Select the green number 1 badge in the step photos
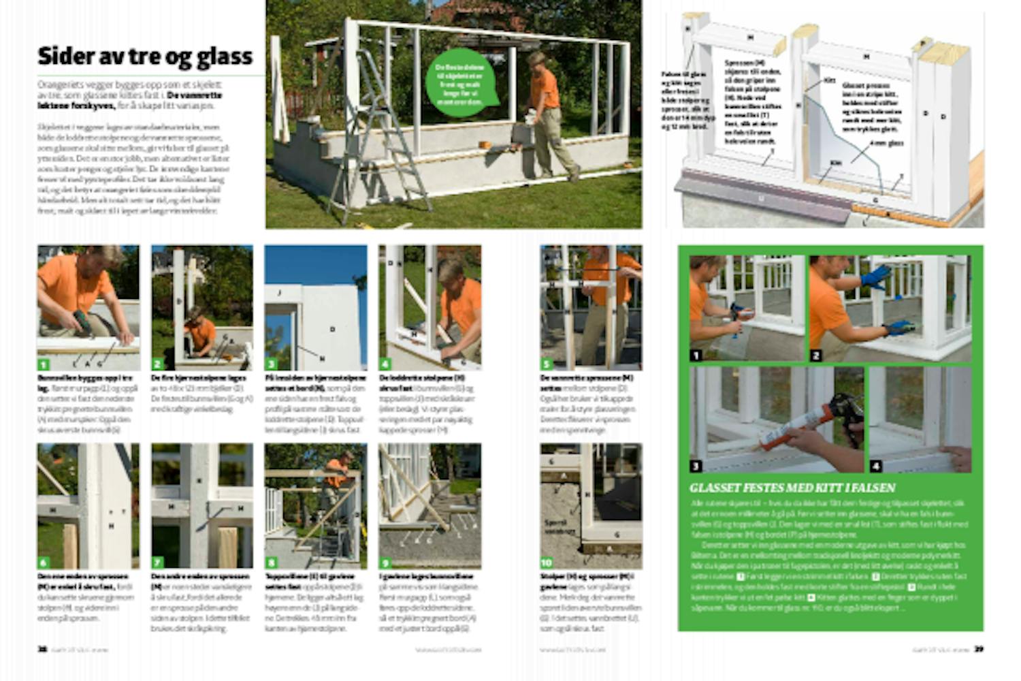(x=44, y=364)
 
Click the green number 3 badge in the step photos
(x=271, y=364)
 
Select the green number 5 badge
(x=547, y=364)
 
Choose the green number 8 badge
(x=271, y=563)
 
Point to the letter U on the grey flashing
(x=760, y=198)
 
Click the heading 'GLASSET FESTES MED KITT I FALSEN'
(x=792, y=488)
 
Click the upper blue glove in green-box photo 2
(x=877, y=276)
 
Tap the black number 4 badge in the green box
(x=876, y=466)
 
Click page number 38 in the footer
(x=42, y=649)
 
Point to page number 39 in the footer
(x=978, y=649)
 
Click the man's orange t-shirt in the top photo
(x=545, y=89)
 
